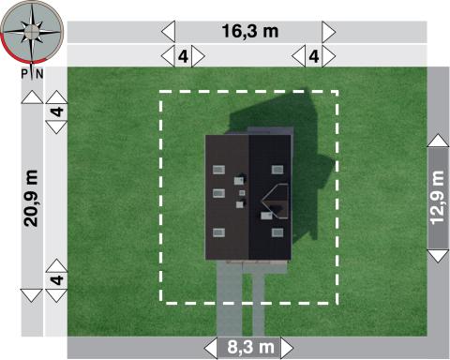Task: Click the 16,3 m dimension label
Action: click(x=250, y=31)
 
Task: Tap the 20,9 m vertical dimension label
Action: click(x=31, y=198)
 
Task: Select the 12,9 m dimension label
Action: click(x=438, y=198)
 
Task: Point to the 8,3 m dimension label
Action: click(x=250, y=347)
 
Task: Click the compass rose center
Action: click(x=31, y=31)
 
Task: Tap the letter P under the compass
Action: click(x=24, y=74)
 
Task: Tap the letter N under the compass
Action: click(x=39, y=74)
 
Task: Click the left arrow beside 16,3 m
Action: click(x=168, y=32)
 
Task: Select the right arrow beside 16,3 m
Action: click(x=329, y=32)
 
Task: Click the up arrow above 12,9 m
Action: click(x=438, y=141)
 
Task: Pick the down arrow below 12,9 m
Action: click(x=438, y=256)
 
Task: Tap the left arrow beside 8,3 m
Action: click(x=211, y=348)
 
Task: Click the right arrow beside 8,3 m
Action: click(x=287, y=348)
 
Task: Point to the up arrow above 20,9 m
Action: click(x=32, y=97)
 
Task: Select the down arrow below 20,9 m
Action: click(x=32, y=295)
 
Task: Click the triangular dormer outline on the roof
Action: click(x=275, y=202)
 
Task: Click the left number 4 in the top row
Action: click(x=183, y=56)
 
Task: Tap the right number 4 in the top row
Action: click(x=314, y=56)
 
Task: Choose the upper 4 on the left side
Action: click(x=57, y=112)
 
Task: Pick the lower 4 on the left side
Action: click(x=57, y=280)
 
